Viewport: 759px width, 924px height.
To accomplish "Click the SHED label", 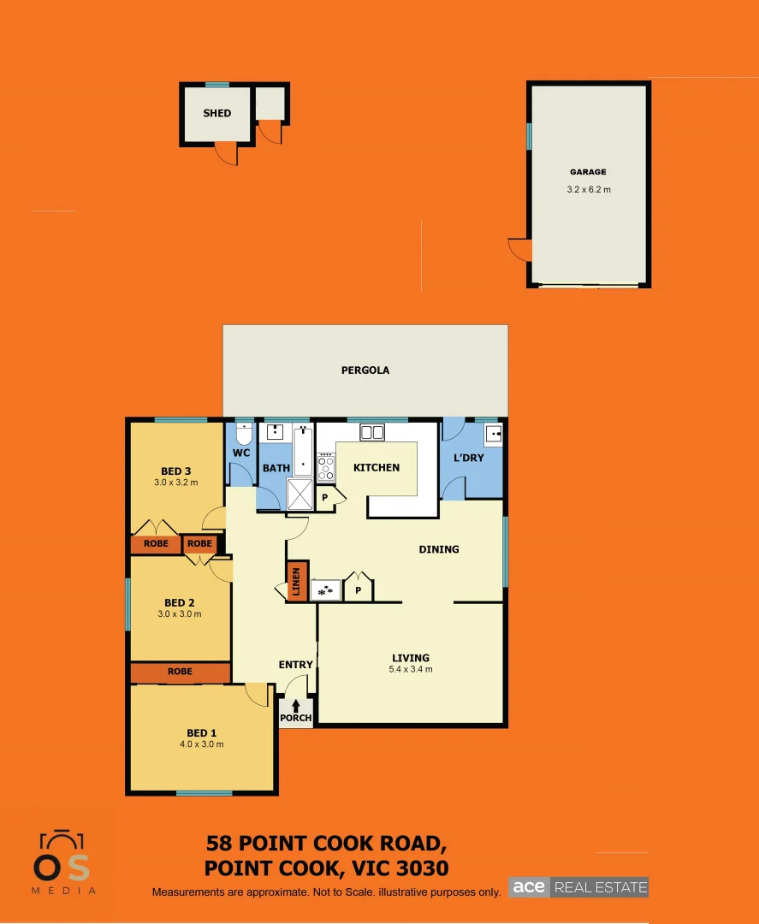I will (216, 113).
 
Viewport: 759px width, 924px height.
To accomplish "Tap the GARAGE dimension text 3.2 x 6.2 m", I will (589, 190).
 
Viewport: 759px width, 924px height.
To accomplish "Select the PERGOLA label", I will (365, 370).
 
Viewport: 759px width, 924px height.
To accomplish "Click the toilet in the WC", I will (244, 432).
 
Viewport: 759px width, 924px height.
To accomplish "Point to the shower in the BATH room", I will (299, 493).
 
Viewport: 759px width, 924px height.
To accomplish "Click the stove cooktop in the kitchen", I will (326, 467).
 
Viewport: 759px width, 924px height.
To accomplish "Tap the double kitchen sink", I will (372, 432).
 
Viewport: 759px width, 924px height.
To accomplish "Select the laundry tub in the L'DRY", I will (493, 435).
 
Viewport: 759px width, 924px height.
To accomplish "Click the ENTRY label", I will (296, 665).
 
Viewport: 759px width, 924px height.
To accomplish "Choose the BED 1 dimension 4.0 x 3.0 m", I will (202, 744).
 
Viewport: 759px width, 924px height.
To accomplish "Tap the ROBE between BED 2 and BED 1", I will (180, 672).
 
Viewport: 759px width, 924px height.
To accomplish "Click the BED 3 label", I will (176, 471).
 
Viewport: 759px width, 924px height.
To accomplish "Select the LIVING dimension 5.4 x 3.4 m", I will (411, 669).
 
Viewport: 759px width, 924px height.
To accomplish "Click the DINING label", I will (438, 549).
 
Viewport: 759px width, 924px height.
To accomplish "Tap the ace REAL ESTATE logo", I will (578, 887).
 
